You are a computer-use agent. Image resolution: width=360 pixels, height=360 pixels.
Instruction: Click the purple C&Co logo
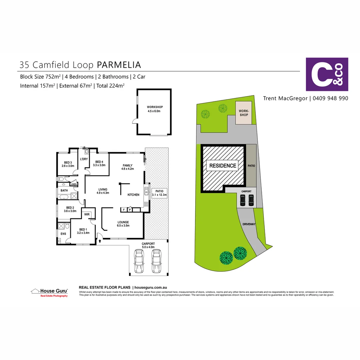point(327,74)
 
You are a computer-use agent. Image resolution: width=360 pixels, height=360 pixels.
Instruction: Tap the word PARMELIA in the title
point(119,65)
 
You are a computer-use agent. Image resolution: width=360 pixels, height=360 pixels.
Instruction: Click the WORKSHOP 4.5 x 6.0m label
point(155,109)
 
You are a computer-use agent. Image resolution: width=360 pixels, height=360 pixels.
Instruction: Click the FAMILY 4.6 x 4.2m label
point(127,167)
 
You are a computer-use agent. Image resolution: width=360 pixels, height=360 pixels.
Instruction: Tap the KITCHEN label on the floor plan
point(133,195)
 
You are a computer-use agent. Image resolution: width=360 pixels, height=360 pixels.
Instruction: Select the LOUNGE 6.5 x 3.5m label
point(123,224)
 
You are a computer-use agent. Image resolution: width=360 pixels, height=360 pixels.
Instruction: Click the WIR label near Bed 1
point(87,214)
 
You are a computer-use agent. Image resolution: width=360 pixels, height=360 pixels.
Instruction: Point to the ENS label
point(63,234)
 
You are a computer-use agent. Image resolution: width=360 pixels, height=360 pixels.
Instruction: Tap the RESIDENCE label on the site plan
point(223,166)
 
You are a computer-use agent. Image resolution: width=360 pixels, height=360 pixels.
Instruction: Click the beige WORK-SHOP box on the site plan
point(244,113)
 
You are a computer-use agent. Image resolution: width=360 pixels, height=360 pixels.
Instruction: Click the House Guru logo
point(50,292)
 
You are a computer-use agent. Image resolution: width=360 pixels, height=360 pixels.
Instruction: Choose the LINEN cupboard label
point(74,184)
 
